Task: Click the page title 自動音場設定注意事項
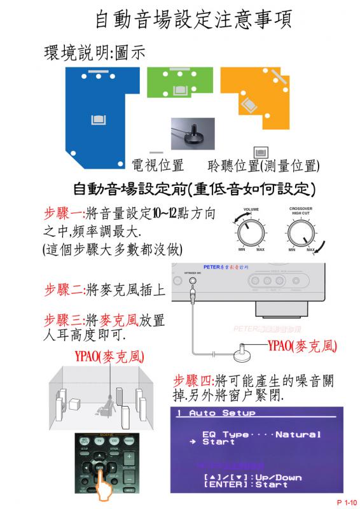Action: tap(193, 20)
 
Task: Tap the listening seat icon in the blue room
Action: tap(98, 118)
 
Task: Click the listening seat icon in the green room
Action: tap(179, 90)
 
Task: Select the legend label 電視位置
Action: tap(158, 166)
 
